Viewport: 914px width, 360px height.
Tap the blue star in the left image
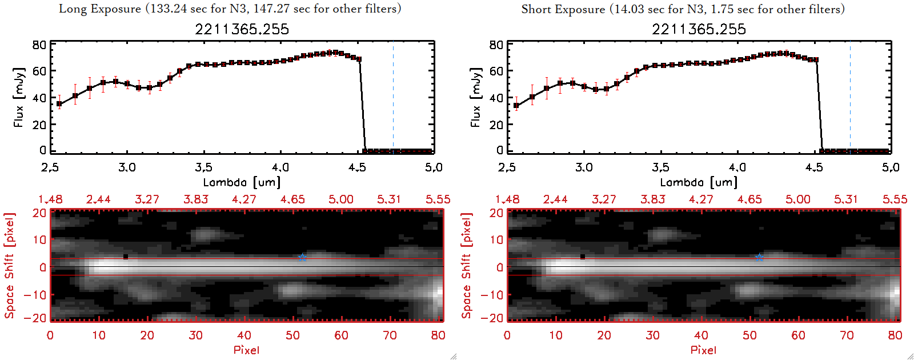click(x=302, y=257)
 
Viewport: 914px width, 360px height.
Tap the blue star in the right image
click(x=759, y=257)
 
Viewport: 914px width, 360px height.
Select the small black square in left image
click(x=126, y=257)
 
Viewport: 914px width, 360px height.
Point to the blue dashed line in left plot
click(x=393, y=97)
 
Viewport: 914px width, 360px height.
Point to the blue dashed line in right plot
click(x=850, y=97)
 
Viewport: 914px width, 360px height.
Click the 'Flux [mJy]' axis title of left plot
click(x=19, y=98)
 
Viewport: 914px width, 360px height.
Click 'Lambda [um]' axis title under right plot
click(x=699, y=182)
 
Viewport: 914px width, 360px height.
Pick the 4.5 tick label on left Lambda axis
click(x=357, y=167)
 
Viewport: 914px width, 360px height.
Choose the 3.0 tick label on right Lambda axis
click(x=584, y=167)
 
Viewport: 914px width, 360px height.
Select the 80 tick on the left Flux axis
click(x=39, y=45)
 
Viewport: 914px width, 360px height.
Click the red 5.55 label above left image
click(x=438, y=199)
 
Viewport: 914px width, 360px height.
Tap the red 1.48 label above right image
click(x=507, y=199)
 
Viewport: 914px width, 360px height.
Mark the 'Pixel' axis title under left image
click(x=246, y=350)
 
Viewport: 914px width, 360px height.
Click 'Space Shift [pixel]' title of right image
click(x=467, y=266)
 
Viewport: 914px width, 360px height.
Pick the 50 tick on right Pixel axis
click(x=749, y=335)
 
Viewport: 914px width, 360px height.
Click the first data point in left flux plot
click(x=59, y=104)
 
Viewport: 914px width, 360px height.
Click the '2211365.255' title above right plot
click(x=699, y=29)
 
